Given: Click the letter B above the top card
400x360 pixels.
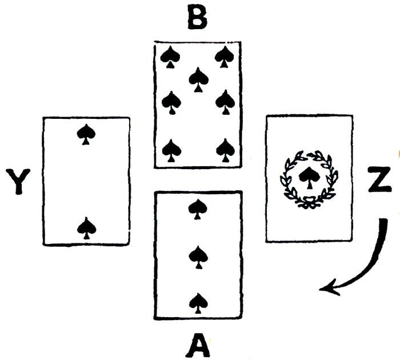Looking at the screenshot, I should point(197,19).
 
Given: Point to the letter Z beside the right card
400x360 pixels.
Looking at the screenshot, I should point(379,182).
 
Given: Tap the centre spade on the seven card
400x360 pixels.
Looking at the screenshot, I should point(198,78).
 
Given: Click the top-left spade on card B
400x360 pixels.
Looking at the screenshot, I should point(170,56).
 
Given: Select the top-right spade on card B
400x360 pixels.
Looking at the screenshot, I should point(225,56).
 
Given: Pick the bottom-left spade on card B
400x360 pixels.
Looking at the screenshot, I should point(171,150).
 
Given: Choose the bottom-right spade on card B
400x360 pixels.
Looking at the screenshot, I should point(225,150).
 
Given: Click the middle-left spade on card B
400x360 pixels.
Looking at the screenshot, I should point(171,103).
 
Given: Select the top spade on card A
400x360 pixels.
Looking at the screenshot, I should point(198,209).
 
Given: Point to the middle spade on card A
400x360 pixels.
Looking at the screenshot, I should point(198,256).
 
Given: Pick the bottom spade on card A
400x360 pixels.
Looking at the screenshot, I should point(198,303).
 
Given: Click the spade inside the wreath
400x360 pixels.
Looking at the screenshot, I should point(308,177).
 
